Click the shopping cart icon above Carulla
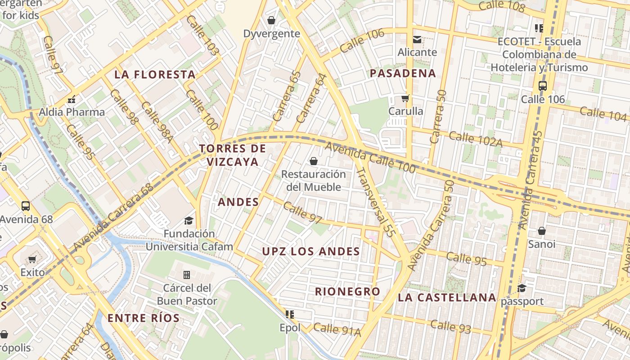[x=405, y=98]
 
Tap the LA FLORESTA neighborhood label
[x=155, y=74]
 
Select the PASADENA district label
[x=403, y=73]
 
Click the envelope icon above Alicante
[x=417, y=40]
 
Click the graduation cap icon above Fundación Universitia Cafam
[x=189, y=220]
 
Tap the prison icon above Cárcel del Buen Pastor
[x=187, y=274]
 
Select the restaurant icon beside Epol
[x=290, y=315]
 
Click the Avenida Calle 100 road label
[x=369, y=157]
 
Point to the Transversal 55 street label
[x=375, y=202]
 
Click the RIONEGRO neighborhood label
[x=347, y=291]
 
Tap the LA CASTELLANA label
[x=447, y=297]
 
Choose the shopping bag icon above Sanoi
[x=542, y=231]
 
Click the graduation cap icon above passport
[x=522, y=288]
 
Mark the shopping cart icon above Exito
[x=32, y=259]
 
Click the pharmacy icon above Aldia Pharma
[x=71, y=99]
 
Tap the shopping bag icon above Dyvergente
[x=271, y=20]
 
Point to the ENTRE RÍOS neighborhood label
[x=144, y=318]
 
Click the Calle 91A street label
[x=337, y=329]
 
